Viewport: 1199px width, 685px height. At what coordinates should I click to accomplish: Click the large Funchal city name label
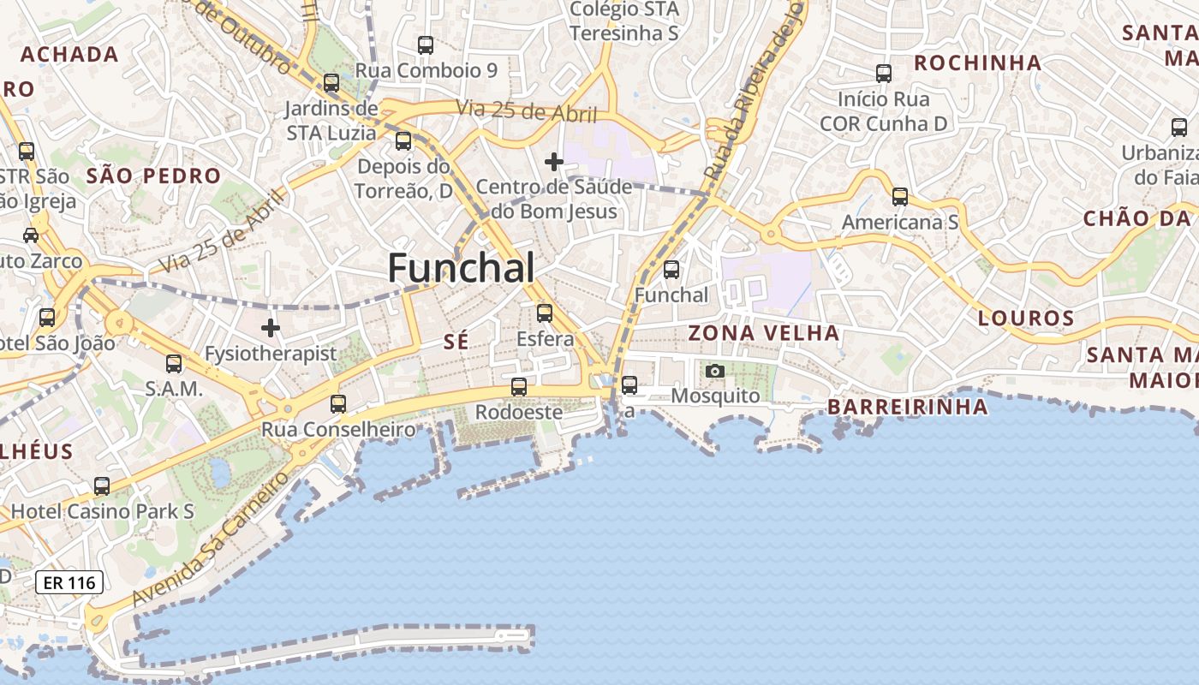click(462, 268)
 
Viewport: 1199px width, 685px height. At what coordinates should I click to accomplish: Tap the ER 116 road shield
click(69, 583)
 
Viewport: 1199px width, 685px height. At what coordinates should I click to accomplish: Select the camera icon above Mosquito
click(715, 371)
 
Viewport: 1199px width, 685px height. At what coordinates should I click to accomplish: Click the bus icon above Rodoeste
click(519, 387)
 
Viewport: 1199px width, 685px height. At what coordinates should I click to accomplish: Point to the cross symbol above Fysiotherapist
click(271, 328)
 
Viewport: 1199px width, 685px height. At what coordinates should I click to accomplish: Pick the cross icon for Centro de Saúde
click(554, 161)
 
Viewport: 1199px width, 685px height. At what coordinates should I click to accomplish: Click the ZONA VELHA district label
click(764, 333)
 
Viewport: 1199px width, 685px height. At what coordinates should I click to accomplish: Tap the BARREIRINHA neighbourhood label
click(908, 408)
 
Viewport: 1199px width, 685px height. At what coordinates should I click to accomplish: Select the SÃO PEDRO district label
click(154, 176)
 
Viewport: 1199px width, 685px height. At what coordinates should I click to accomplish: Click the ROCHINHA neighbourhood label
click(978, 63)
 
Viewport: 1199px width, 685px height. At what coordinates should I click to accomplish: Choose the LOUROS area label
click(1026, 319)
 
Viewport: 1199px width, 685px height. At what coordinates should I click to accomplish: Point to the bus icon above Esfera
click(545, 313)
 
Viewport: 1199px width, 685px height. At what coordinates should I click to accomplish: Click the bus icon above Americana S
click(900, 197)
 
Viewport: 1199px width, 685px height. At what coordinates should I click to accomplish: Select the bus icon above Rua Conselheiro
click(338, 404)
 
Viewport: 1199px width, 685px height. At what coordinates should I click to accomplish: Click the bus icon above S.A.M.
click(174, 364)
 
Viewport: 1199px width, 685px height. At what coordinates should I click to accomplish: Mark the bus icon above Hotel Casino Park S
click(102, 486)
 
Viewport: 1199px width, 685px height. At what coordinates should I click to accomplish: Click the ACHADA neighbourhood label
click(69, 54)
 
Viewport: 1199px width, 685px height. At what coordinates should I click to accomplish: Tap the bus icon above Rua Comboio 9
click(426, 45)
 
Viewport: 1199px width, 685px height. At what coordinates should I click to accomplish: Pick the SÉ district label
click(456, 342)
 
